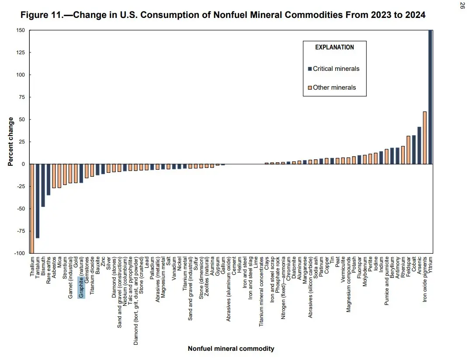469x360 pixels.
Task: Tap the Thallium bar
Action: (x=32, y=208)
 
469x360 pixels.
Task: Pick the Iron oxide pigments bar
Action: (x=424, y=138)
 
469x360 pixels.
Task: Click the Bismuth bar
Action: (x=43, y=185)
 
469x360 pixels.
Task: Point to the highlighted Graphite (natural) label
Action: (x=81, y=287)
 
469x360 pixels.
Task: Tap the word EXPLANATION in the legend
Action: (x=334, y=47)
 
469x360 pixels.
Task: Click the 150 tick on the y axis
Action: (x=21, y=31)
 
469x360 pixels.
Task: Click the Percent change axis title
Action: (x=10, y=142)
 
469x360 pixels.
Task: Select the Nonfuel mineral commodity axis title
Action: (x=231, y=349)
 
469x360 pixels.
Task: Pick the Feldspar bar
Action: (x=408, y=150)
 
